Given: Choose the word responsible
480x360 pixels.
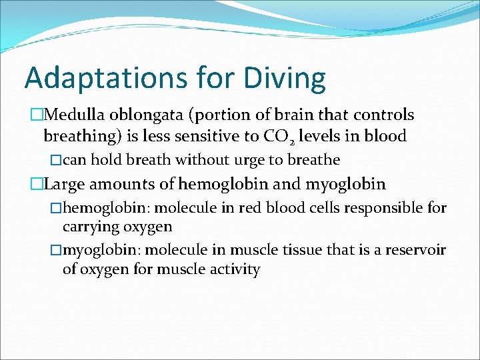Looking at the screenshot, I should pyautogui.click(x=382, y=208).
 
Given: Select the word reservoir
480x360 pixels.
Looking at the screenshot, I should pyautogui.click(x=415, y=250).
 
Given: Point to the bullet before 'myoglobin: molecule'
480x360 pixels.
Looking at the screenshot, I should pyautogui.click(x=56, y=250).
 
